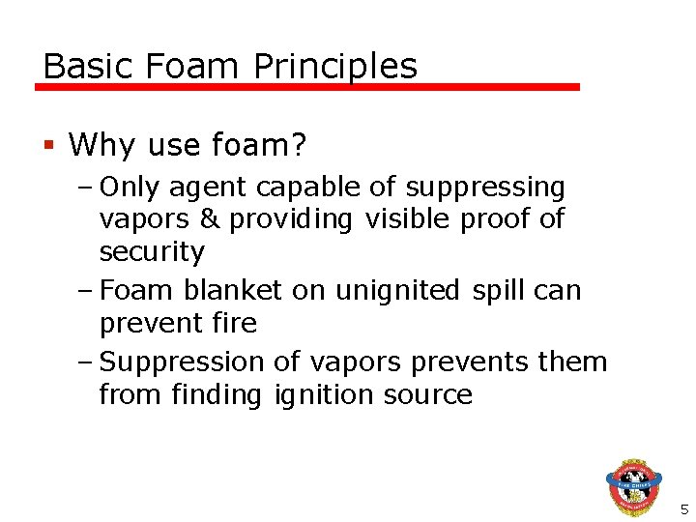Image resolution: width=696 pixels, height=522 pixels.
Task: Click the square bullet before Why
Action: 48,146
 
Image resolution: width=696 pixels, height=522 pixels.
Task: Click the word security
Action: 152,252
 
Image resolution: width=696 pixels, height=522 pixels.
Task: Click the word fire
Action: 232,323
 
